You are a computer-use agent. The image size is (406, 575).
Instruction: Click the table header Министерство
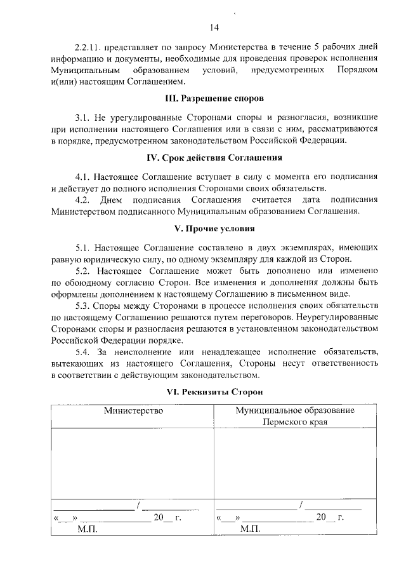133,411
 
